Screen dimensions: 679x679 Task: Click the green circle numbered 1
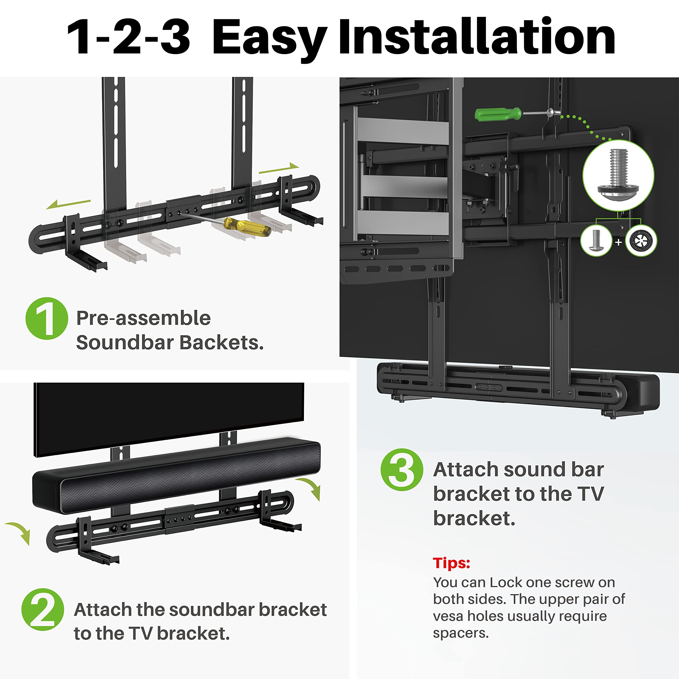click(47, 318)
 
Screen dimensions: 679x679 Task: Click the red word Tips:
click(451, 563)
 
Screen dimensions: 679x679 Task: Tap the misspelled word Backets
click(221, 343)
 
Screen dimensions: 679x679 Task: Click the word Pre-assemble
click(143, 318)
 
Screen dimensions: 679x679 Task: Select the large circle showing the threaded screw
click(618, 175)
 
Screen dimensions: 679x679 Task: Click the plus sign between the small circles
click(619, 242)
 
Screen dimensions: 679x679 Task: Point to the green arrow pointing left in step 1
click(68, 204)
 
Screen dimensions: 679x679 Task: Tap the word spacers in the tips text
click(460, 633)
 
